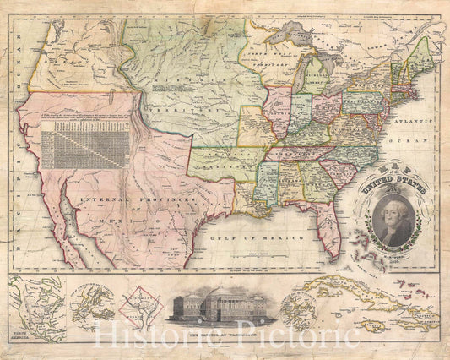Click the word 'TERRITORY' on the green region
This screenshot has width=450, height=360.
(x=167, y=111)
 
